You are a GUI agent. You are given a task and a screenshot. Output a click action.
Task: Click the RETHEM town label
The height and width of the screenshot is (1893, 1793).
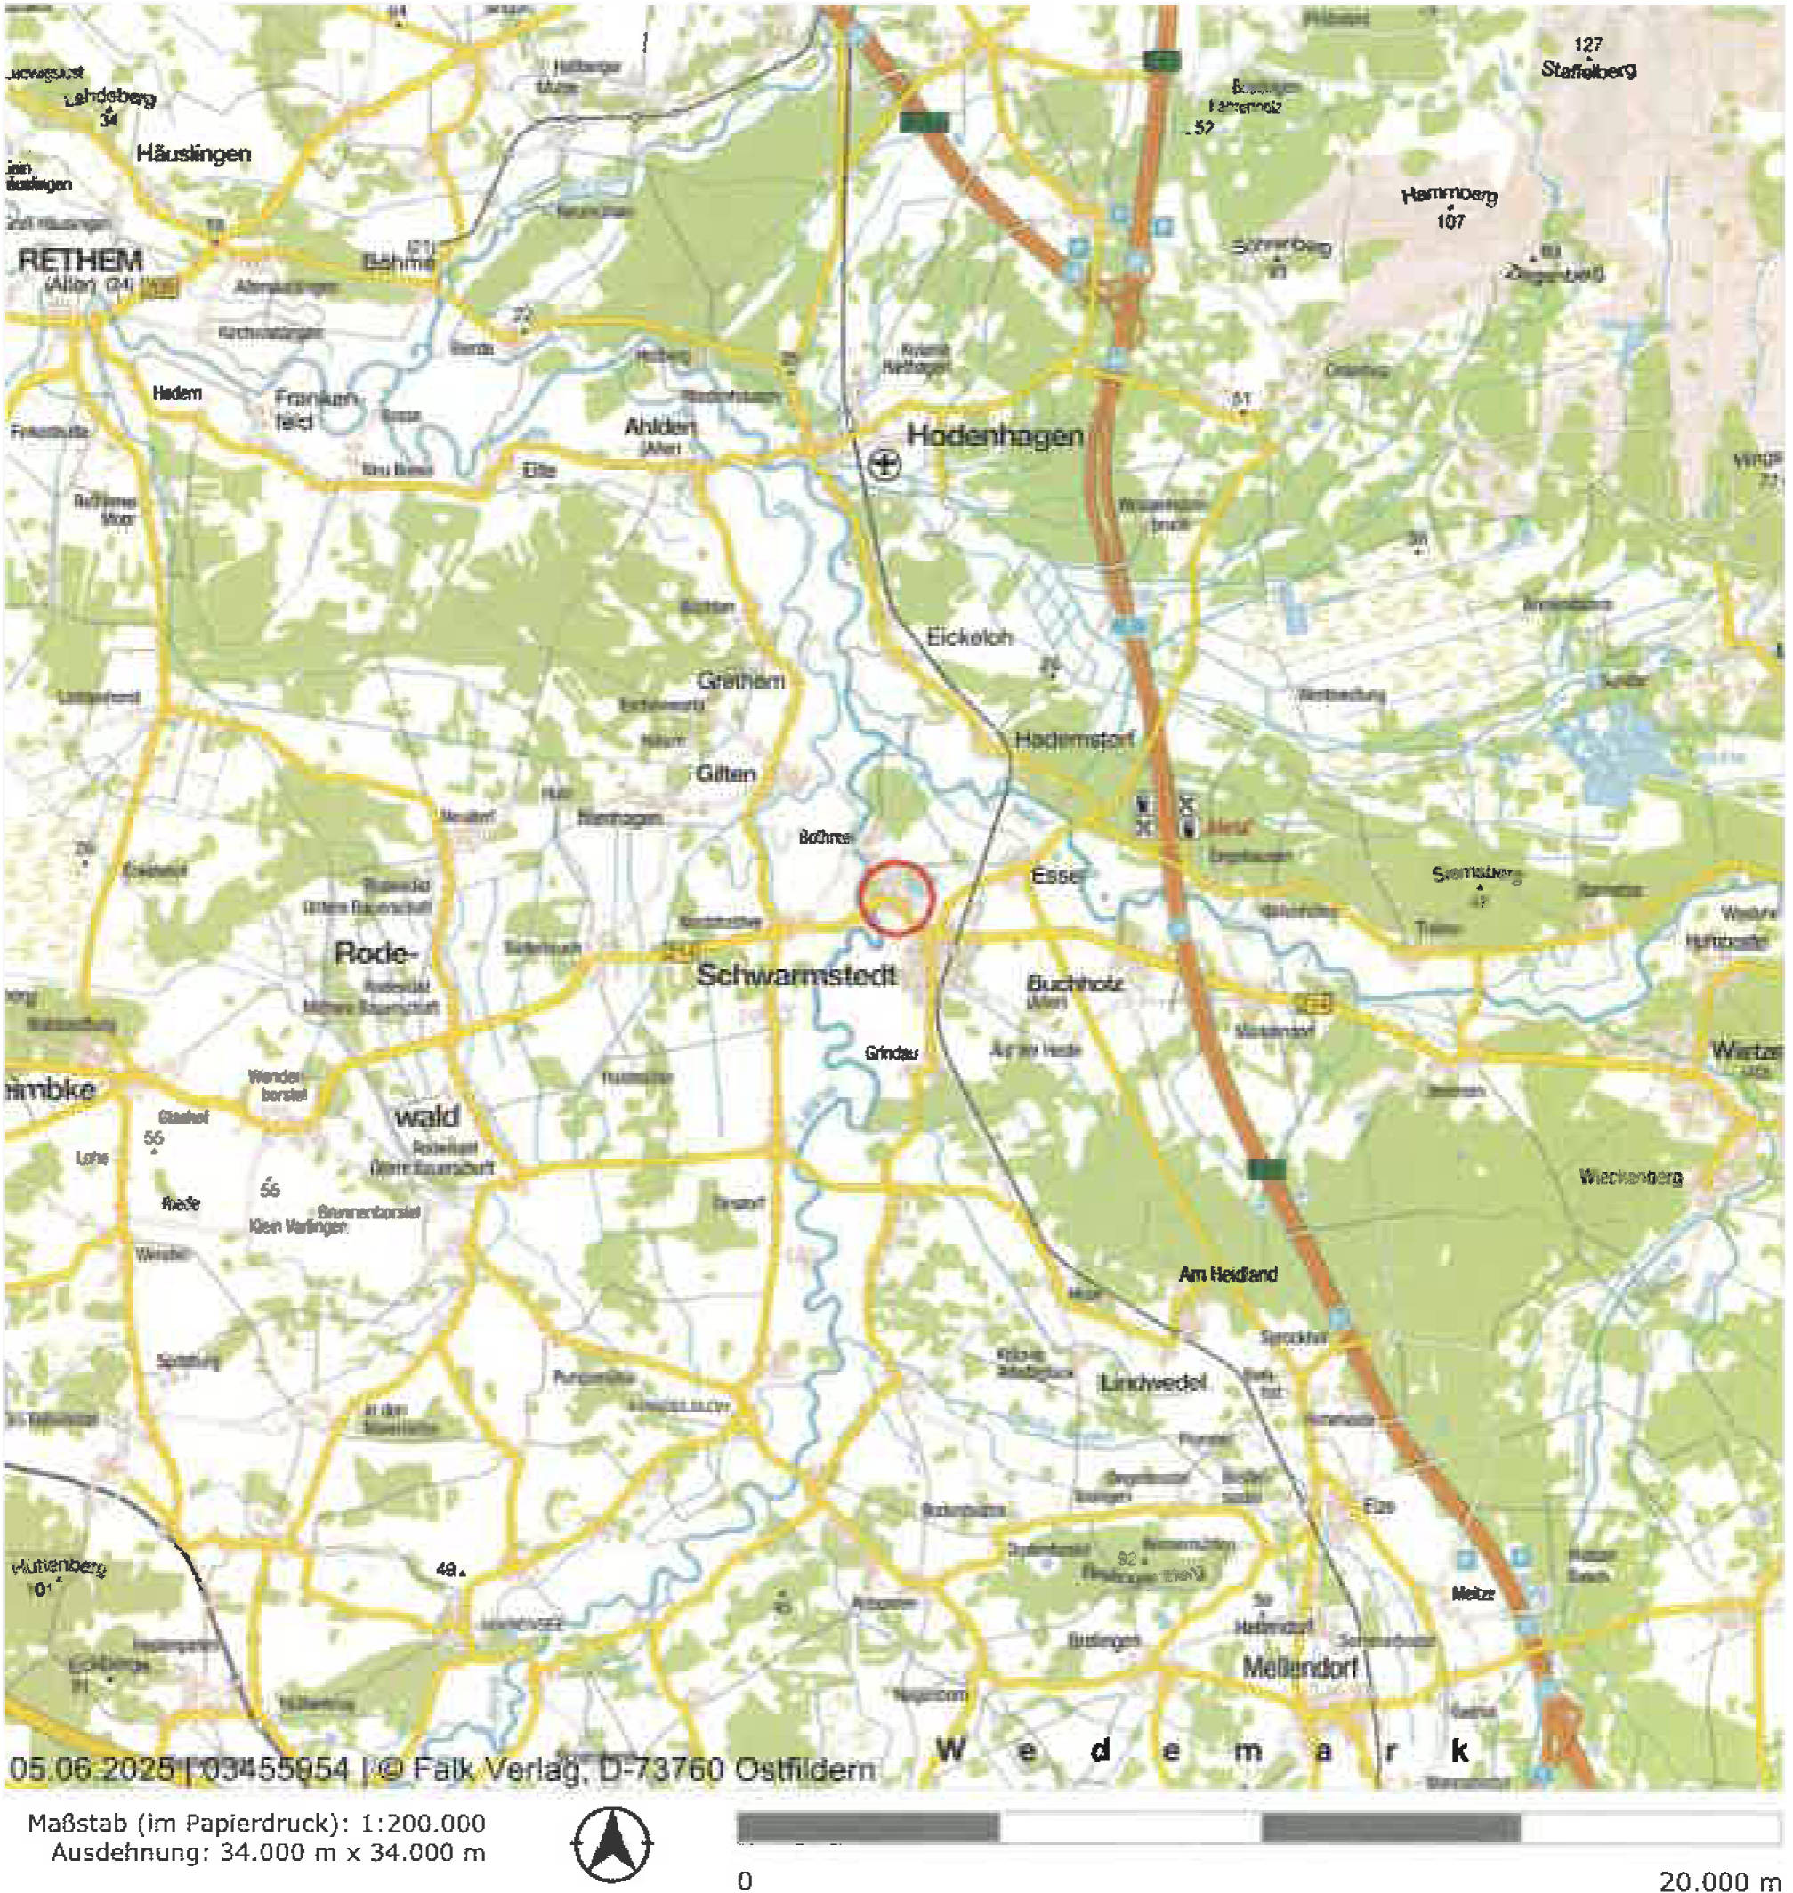click(80, 259)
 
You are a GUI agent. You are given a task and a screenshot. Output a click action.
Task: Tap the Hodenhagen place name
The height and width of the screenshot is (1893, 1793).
click(994, 436)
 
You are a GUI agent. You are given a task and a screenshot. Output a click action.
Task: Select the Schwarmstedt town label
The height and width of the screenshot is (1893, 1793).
click(797, 975)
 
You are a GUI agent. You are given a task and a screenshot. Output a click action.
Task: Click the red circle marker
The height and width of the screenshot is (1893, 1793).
click(894, 897)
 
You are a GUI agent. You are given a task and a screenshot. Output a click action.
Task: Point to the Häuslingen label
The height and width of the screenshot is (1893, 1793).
click(193, 153)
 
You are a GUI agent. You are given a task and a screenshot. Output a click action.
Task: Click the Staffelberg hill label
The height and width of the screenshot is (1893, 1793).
click(1587, 69)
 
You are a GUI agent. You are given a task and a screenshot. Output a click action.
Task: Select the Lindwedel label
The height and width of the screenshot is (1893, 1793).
click(1153, 1383)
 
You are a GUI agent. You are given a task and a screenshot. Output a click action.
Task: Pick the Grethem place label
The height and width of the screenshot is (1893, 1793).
click(740, 681)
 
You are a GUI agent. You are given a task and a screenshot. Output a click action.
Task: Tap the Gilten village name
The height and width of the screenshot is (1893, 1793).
click(726, 773)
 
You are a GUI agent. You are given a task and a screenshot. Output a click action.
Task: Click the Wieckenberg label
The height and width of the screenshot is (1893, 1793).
click(1630, 1176)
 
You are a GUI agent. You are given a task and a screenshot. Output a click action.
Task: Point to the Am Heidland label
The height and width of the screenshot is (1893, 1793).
click(1227, 1274)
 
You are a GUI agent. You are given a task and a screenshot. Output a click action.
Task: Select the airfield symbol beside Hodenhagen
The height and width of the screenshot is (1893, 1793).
click(885, 465)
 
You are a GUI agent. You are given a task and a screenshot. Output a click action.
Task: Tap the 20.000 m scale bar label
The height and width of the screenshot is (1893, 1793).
click(1718, 1880)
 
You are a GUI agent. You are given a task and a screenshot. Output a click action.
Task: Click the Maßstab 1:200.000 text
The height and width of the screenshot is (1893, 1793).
click(256, 1824)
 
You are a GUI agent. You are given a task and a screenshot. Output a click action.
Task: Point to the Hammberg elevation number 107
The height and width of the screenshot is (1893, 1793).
click(1450, 221)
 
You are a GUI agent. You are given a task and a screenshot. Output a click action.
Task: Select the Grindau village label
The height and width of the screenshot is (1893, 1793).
click(891, 1053)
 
